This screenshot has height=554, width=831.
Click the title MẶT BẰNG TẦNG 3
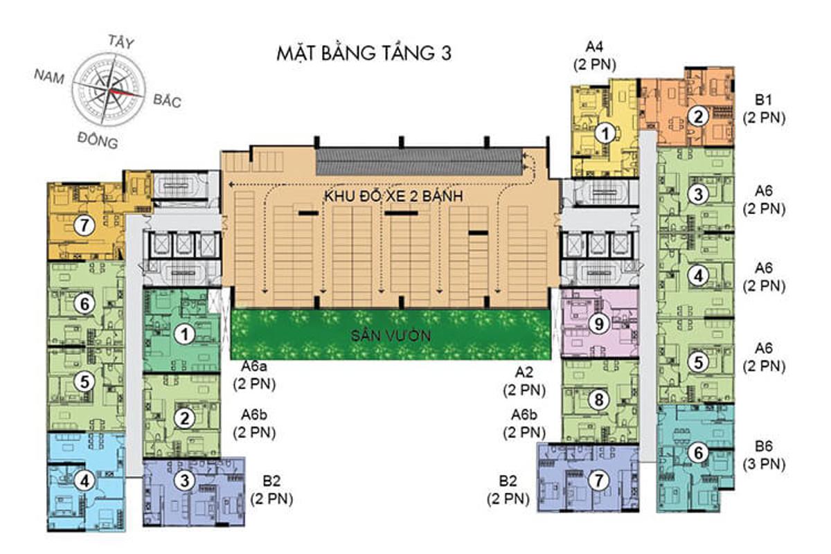coord(364,53)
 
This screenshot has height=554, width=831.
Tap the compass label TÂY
coord(120,42)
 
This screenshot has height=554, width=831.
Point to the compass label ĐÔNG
coord(98,140)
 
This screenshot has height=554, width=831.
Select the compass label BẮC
coord(168,100)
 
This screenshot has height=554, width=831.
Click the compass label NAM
coord(49,76)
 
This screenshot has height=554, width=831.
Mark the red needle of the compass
coord(126,92)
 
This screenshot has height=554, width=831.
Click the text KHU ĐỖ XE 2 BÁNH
coord(393,196)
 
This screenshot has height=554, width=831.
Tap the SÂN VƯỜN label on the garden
coord(391,336)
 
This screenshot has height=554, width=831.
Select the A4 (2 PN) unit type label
coord(594,55)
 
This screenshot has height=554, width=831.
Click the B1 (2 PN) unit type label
coord(764,109)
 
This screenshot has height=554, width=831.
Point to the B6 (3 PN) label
coord(764,455)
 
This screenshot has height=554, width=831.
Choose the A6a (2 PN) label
coord(255,375)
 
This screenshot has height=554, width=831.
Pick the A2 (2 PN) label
coord(524,381)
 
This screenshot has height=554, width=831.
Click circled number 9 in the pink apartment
coord(599,324)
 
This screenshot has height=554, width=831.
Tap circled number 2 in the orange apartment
coord(698,116)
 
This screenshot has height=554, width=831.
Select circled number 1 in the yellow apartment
coord(605,133)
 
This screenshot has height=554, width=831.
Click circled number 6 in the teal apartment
coord(698,453)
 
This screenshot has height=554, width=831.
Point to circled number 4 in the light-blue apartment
coord(84,482)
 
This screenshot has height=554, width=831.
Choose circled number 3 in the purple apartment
coord(184,481)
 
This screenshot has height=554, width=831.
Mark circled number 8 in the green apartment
coord(599,400)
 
